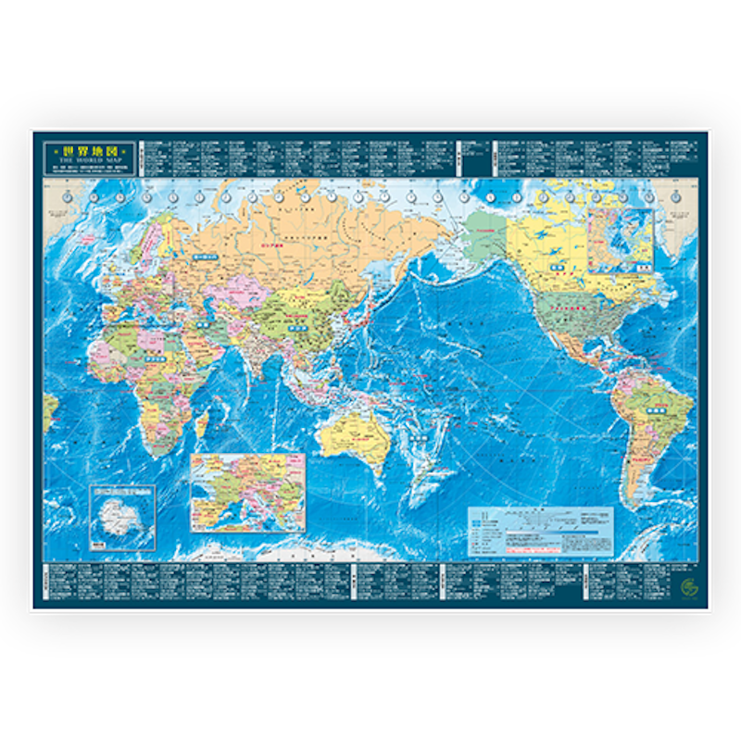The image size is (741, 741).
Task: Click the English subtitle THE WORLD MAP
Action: (88, 159)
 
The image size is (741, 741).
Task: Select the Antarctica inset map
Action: (122, 517)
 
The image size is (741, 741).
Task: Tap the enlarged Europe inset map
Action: (247, 491)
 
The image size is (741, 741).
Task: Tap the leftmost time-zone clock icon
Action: (67, 196)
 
